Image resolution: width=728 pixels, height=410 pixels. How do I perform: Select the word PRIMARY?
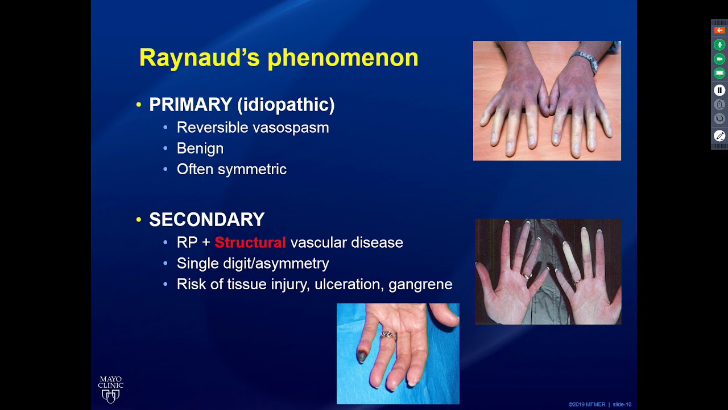[x=190, y=105]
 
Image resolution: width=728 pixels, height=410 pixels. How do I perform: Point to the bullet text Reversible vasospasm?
[x=253, y=128]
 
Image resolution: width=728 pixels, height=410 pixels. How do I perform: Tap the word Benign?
[x=200, y=149]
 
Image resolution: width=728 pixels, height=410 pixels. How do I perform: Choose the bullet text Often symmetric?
[x=231, y=170]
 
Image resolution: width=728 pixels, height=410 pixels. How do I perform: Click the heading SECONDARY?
[x=206, y=220]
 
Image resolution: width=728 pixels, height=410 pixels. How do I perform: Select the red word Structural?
[x=250, y=243]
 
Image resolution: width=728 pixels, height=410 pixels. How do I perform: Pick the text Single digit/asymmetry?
[x=253, y=264]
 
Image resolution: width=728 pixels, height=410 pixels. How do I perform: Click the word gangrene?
[x=420, y=285]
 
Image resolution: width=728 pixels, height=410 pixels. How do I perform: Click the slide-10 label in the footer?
[x=622, y=405]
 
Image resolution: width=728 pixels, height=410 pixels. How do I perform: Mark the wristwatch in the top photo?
[x=586, y=60]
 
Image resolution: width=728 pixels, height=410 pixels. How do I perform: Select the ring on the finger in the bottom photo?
[x=388, y=335]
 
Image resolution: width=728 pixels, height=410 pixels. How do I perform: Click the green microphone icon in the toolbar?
[x=719, y=45]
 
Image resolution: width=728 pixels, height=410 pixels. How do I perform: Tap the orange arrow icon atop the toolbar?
[x=719, y=30]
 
